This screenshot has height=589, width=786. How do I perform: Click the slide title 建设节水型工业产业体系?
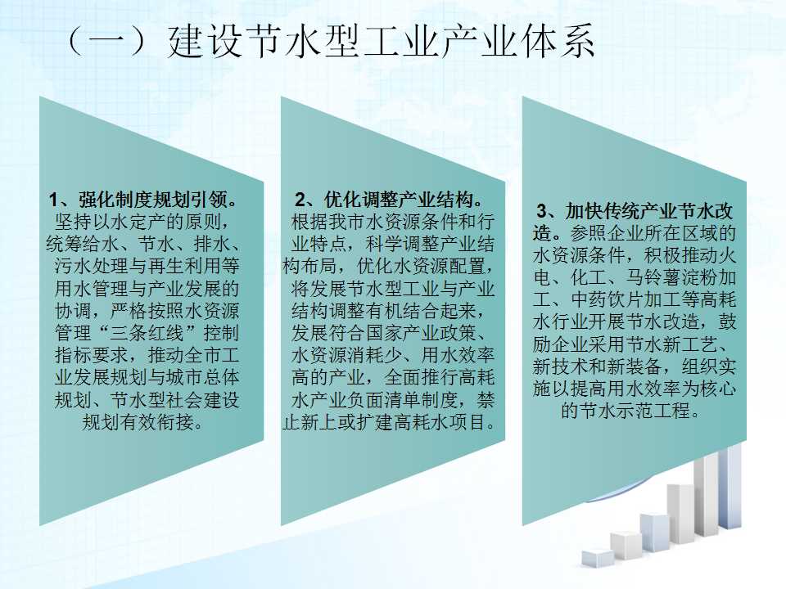coord(382,41)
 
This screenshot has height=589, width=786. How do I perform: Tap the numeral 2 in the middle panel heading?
coord(300,200)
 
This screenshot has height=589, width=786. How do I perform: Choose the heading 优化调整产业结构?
coord(399,200)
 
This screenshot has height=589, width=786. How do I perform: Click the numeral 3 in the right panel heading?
coord(541,211)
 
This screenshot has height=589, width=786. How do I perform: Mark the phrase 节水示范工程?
coord(635,411)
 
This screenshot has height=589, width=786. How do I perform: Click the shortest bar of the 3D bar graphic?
coord(597,558)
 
